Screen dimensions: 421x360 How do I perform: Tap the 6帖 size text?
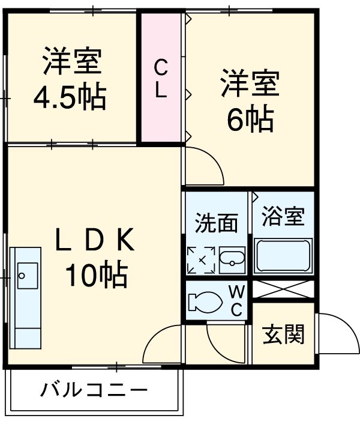point(250,120)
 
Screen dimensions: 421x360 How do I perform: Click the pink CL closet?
point(161,78)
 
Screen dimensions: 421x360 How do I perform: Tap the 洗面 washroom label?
point(216,223)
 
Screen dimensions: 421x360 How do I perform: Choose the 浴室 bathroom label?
point(283,217)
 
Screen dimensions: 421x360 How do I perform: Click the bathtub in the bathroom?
point(283,255)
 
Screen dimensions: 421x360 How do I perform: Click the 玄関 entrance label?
point(283,334)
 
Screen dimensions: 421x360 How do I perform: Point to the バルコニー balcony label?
point(94,391)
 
